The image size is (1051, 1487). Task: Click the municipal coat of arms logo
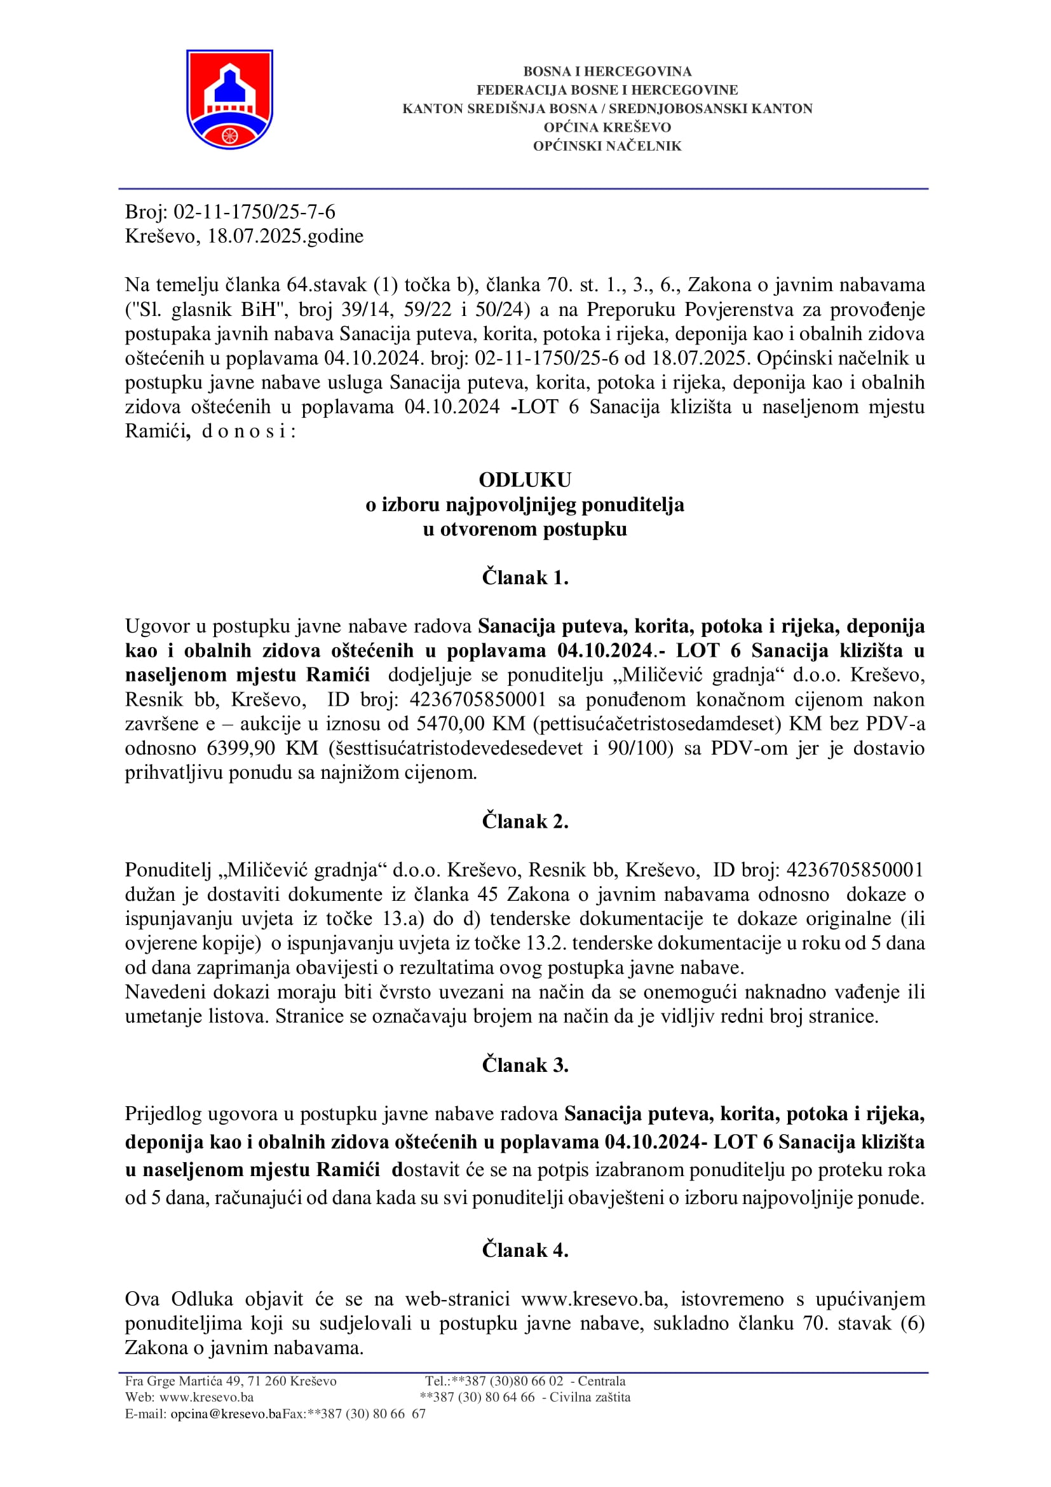click(x=229, y=99)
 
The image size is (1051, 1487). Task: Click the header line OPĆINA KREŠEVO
click(x=607, y=128)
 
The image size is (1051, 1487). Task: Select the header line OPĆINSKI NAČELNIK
click(x=607, y=146)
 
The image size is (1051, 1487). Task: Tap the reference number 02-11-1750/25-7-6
click(x=254, y=212)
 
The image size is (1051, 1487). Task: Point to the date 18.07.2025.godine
click(x=285, y=236)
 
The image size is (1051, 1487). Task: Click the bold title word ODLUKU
click(x=525, y=480)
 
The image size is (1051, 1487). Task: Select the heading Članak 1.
click(x=525, y=577)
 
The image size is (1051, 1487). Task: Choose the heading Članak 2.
click(x=525, y=821)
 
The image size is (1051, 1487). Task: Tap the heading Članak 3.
click(x=525, y=1065)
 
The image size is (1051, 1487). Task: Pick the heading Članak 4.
click(x=525, y=1250)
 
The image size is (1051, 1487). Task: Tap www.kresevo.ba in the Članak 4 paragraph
click(x=593, y=1299)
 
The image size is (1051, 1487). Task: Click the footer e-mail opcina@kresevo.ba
click(x=226, y=1414)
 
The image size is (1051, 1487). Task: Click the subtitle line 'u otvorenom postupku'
click(x=525, y=529)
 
